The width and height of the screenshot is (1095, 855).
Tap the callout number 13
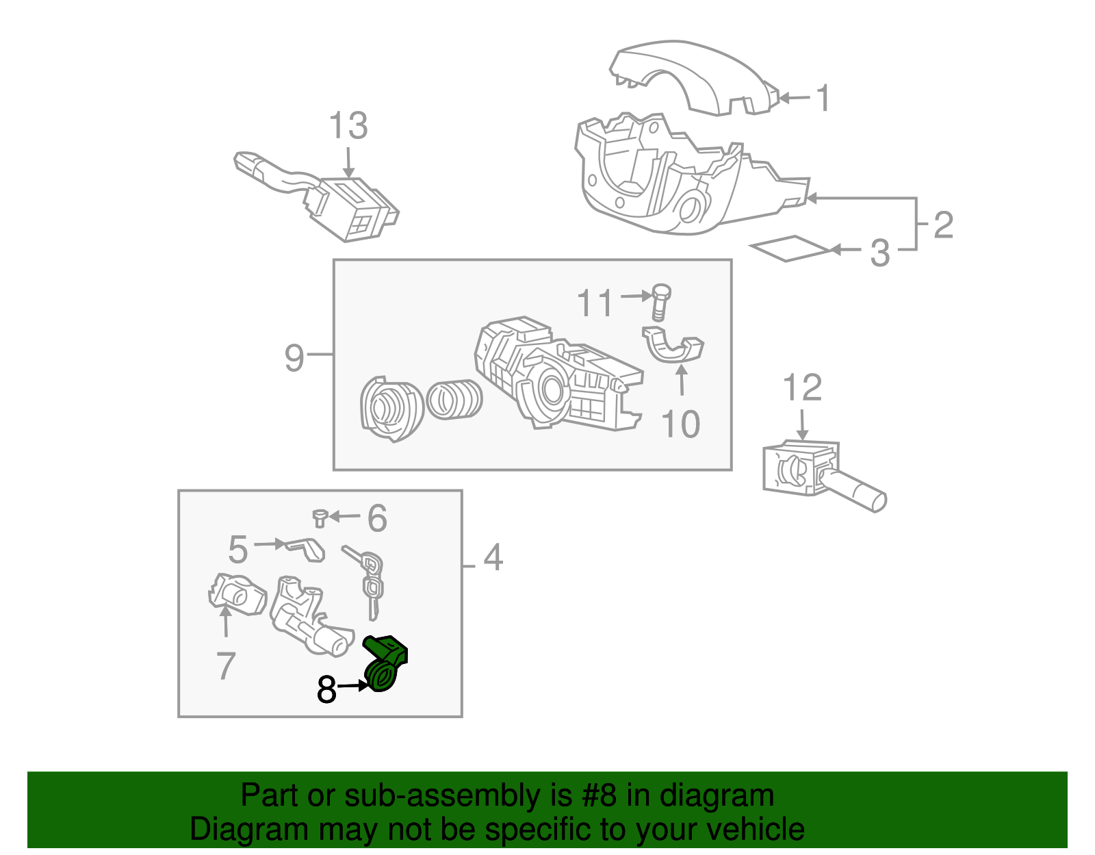pos(348,127)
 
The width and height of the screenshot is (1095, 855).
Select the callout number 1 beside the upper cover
pos(824,98)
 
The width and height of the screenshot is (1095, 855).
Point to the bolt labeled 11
pos(660,301)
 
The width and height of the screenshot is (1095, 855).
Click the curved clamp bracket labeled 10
pos(673,348)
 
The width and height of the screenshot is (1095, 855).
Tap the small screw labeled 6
pos(319,518)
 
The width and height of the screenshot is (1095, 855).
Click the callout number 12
pos(801,388)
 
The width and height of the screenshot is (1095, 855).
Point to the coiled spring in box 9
pos(454,399)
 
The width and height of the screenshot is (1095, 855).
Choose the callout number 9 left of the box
pos(294,357)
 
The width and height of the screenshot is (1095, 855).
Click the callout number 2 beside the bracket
pos(943,225)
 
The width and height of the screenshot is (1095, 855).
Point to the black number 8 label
pos(326,689)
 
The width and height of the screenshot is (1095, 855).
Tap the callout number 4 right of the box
pos(493,558)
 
